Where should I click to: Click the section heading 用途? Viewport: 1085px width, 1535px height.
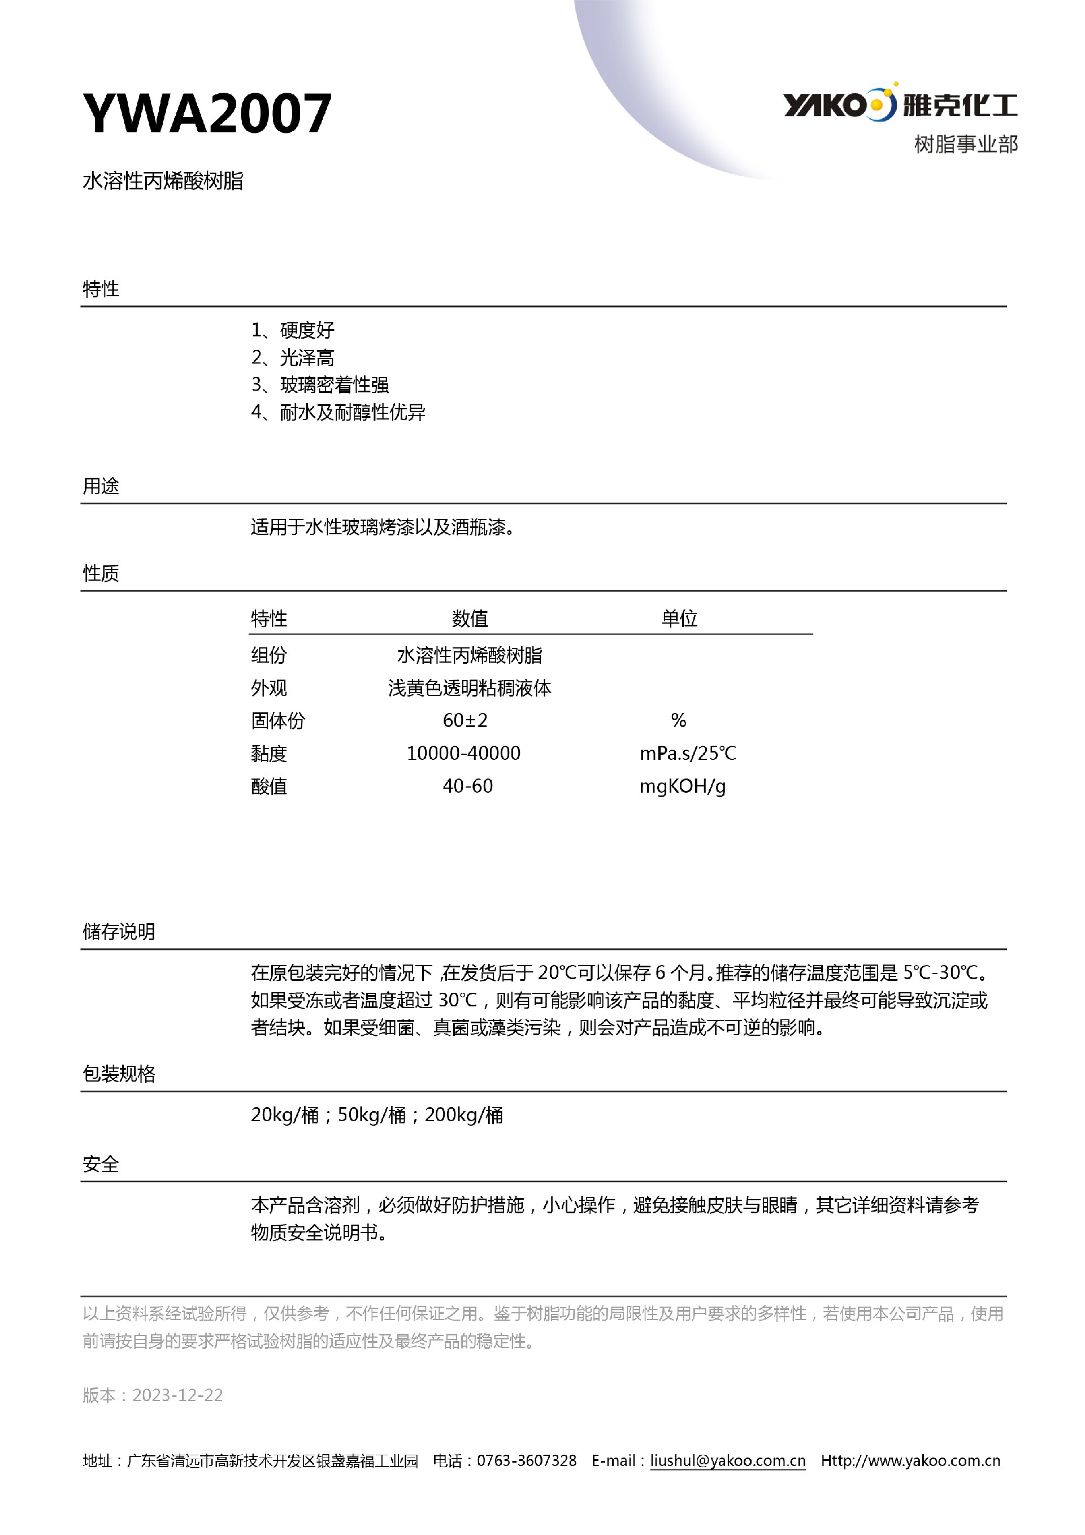pos(101,486)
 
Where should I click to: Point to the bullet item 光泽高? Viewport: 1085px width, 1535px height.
pos(307,358)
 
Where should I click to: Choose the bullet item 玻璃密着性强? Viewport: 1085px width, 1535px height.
pos(334,385)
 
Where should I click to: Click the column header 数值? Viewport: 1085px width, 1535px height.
pos(470,619)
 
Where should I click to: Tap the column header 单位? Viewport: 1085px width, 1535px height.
pos(679,619)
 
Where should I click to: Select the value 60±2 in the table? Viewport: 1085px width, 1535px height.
pos(465,720)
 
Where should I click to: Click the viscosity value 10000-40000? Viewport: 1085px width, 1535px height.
pos(463,754)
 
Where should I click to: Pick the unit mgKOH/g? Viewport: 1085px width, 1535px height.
pos(682,786)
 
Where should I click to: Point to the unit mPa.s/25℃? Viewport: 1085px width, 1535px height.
pos(688,754)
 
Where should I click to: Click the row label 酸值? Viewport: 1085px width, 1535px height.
pos(268,786)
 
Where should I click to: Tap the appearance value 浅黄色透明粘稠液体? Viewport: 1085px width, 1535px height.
pos(470,688)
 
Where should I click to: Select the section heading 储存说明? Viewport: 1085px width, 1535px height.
pos(119,931)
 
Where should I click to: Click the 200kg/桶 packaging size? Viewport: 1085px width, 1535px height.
pos(463,1114)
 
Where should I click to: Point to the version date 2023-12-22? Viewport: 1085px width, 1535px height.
pos(177,1395)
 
